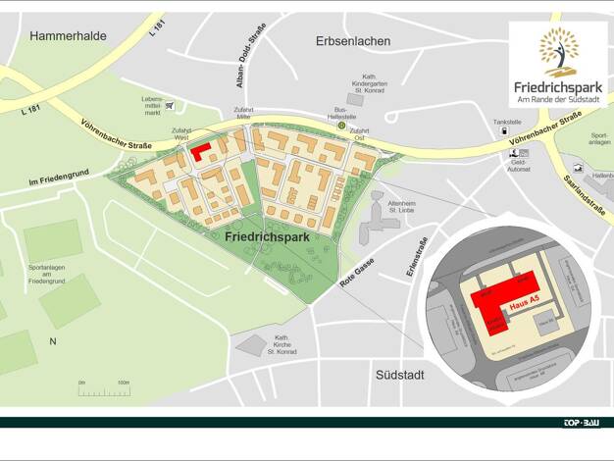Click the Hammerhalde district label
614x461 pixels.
[68, 36]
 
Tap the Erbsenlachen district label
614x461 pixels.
[353, 41]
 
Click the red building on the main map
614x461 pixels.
[201, 152]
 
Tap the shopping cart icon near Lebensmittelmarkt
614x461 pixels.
[170, 105]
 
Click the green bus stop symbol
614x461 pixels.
[341, 126]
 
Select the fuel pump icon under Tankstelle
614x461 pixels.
[504, 132]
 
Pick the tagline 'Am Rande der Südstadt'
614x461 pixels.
[557, 100]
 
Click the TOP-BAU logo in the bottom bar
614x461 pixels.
[581, 423]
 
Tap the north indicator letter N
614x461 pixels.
[53, 341]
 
